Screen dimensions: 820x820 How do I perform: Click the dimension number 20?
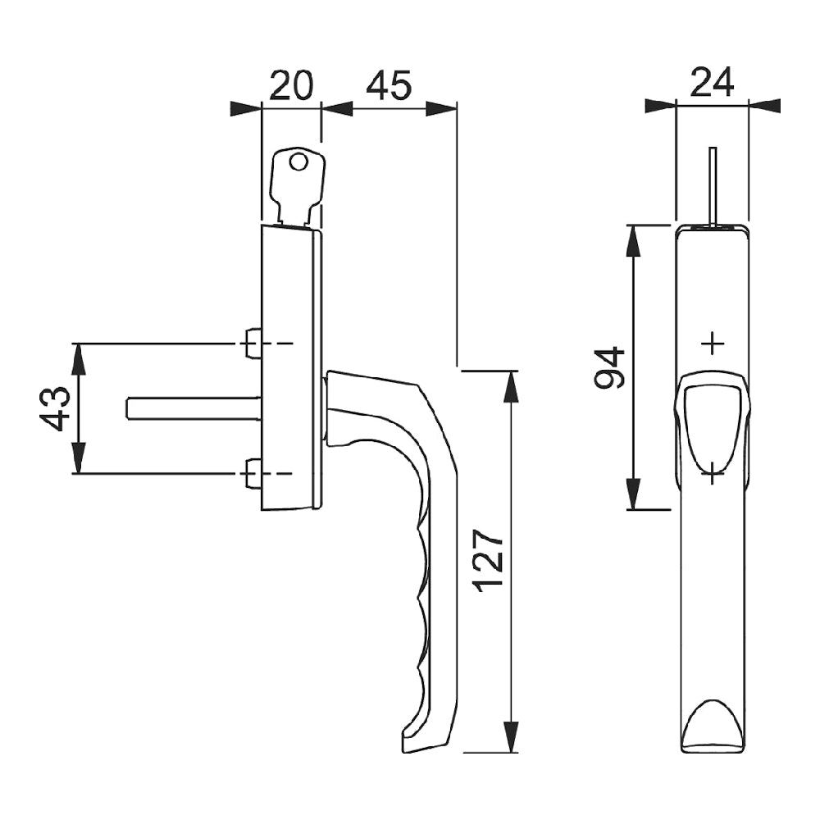point(291,85)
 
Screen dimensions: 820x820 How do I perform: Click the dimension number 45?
point(388,85)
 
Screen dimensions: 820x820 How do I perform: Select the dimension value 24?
point(712,82)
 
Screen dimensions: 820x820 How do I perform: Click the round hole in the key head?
point(299,162)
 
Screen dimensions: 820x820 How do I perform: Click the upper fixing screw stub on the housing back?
point(253,343)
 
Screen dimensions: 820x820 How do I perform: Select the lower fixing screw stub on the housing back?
point(253,474)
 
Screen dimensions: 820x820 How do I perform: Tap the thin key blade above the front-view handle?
point(713,184)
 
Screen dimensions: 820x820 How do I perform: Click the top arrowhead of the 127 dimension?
point(512,385)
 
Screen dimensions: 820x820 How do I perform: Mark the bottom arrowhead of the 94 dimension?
point(635,494)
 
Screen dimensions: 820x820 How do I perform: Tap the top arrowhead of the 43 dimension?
point(79,358)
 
